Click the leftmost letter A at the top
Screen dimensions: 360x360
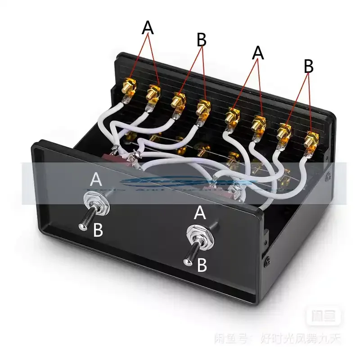click(148, 28)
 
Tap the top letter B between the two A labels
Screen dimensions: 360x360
click(202, 40)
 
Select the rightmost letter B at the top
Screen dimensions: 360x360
click(308, 67)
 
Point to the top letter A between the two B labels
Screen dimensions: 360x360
click(257, 53)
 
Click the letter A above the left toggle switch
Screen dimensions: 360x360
click(96, 180)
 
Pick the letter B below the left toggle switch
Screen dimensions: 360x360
click(98, 230)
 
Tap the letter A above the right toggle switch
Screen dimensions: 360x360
click(200, 213)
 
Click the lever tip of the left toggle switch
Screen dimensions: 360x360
click(82, 227)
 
